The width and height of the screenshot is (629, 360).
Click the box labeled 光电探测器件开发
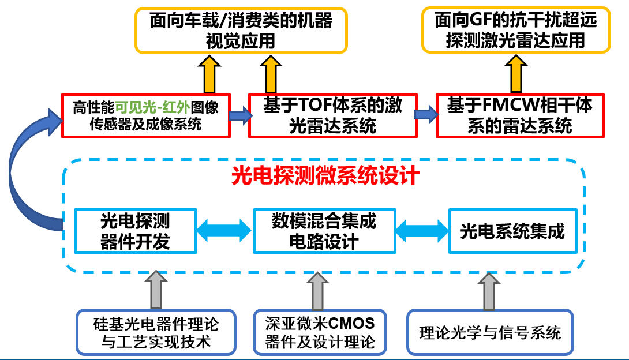point(135,231)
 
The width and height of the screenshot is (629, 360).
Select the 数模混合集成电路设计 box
point(324,231)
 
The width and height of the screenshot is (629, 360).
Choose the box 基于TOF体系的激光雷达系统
point(332,115)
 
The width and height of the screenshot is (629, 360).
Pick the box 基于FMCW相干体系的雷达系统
point(520,115)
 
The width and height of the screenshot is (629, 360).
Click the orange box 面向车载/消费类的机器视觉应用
point(241,31)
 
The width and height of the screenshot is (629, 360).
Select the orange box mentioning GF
point(515,31)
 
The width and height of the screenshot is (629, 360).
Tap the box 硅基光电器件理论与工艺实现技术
point(156,332)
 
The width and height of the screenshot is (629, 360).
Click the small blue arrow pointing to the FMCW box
point(426,114)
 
